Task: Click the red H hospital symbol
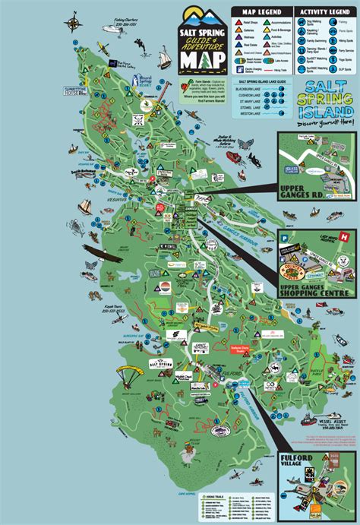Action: [346, 238]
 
